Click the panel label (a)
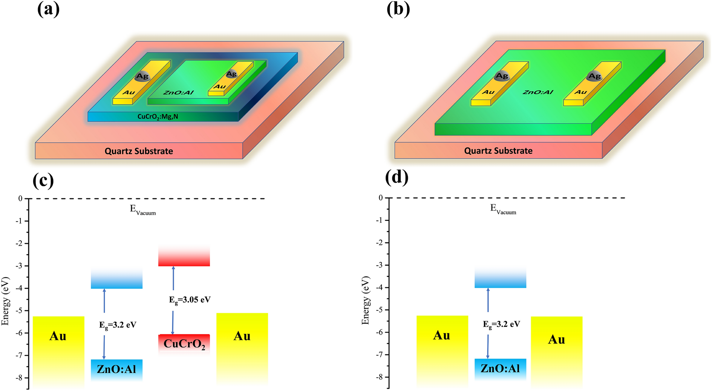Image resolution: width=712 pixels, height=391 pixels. click(48, 9)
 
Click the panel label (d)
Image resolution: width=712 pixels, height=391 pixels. click(397, 177)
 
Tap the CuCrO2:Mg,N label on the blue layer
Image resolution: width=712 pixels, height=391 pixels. click(158, 117)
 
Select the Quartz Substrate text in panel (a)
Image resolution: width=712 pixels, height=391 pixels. click(139, 151)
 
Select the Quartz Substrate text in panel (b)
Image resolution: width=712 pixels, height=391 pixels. click(498, 151)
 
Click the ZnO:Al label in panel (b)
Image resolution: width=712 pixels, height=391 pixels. click(538, 92)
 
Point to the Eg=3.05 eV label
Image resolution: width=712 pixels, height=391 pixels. click(190, 300)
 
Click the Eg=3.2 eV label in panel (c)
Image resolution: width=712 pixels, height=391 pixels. click(118, 325)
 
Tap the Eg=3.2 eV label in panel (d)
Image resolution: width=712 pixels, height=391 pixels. click(501, 324)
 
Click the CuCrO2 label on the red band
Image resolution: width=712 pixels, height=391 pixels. click(184, 344)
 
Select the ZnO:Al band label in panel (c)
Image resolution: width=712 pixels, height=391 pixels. click(116, 369)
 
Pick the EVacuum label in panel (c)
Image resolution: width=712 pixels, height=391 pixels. click(142, 210)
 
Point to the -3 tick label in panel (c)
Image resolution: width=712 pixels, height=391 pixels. click(18, 266)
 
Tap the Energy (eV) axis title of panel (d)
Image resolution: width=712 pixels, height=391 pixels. click(365, 301)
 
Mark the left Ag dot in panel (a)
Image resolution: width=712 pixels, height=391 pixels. click(142, 76)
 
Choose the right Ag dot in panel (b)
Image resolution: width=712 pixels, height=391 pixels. click(594, 76)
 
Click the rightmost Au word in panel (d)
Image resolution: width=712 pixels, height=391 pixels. click(556, 340)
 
